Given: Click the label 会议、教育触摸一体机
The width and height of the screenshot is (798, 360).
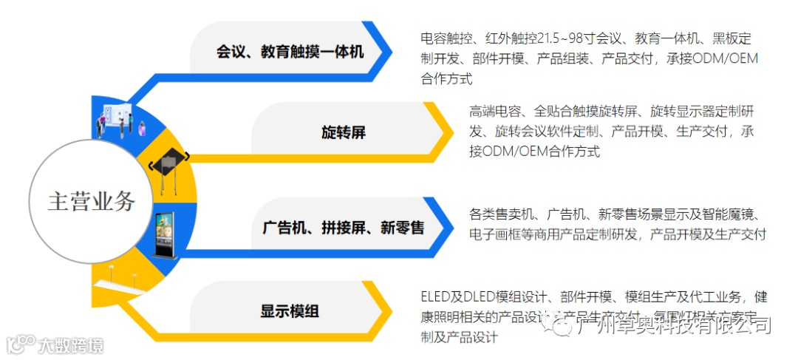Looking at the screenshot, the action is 290,52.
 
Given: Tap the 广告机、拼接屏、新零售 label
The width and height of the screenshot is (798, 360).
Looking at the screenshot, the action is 343,227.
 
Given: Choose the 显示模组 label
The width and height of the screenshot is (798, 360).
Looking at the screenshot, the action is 290,311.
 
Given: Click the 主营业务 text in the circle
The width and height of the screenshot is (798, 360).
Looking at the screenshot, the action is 92,201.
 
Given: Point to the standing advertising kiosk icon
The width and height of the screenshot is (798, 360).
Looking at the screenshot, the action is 165,234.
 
